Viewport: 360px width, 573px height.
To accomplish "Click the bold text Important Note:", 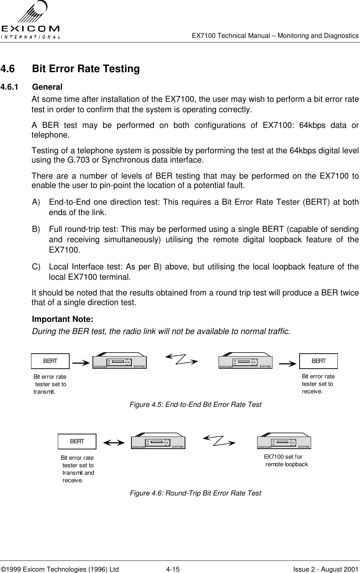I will click(63, 319).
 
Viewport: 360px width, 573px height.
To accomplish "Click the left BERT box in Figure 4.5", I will click(50, 361).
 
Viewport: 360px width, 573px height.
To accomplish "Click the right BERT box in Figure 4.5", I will click(319, 361).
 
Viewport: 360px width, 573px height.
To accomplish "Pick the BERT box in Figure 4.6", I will click(77, 441).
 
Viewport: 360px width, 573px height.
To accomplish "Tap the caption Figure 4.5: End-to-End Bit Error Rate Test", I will click(195, 405).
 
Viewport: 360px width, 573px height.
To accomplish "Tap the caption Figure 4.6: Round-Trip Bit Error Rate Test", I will click(195, 493).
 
